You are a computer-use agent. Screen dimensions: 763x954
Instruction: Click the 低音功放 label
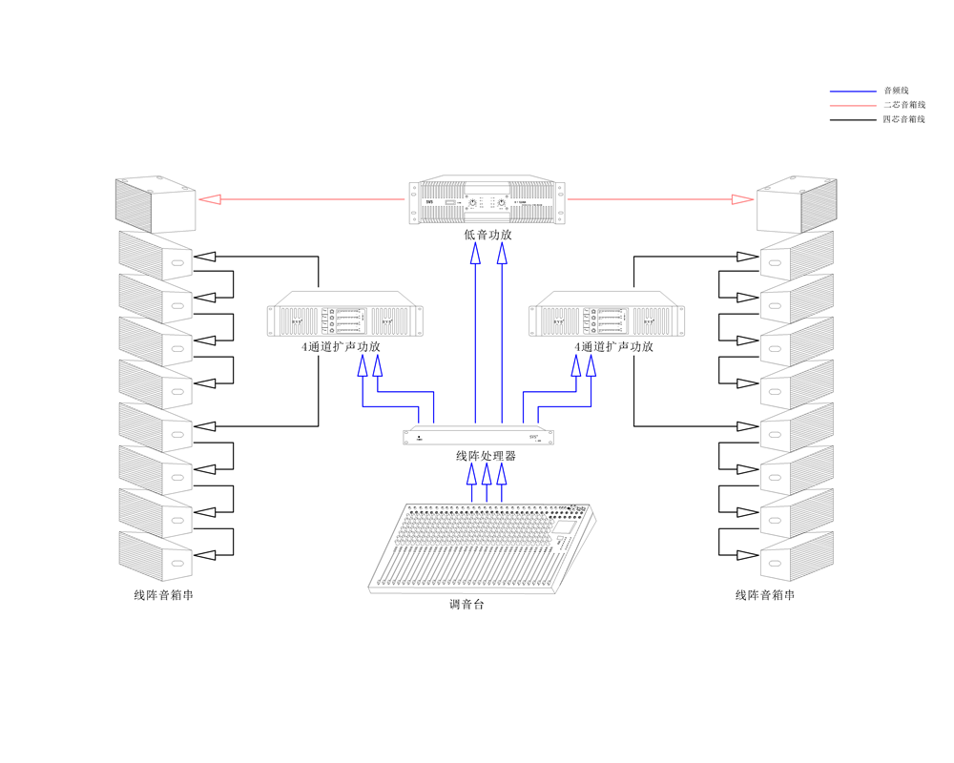(x=487, y=235)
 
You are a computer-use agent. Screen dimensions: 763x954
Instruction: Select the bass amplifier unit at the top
(x=487, y=202)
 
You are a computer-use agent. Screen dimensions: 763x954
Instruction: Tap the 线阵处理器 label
(x=487, y=456)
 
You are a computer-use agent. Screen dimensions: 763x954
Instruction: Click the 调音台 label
(x=467, y=604)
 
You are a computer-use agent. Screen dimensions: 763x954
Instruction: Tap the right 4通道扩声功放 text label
(x=613, y=347)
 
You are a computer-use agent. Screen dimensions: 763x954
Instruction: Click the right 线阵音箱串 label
(x=765, y=595)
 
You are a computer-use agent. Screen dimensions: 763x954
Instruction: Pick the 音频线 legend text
(x=896, y=91)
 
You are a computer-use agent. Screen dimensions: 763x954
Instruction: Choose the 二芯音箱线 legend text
(x=903, y=105)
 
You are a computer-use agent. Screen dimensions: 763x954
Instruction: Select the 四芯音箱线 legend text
(x=903, y=120)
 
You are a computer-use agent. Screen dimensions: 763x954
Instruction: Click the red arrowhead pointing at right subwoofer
(x=743, y=199)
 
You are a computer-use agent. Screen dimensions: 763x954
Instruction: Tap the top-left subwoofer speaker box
(x=155, y=204)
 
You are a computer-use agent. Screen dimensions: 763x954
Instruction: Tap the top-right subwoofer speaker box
(x=797, y=204)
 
